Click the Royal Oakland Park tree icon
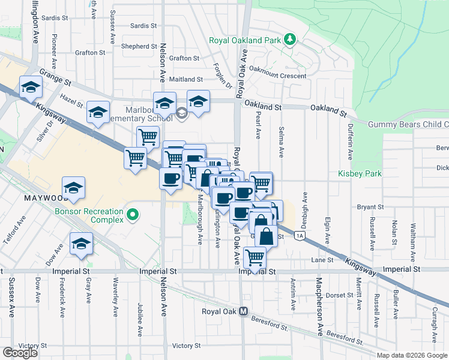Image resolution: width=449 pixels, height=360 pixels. point(290,40)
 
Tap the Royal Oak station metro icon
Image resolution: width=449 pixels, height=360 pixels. point(244,311)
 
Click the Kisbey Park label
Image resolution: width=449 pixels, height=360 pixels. point(360,173)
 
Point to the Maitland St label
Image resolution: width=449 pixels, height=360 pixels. point(186,79)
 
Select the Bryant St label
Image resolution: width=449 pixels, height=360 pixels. point(370,207)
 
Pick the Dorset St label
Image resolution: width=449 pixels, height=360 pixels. point(339,295)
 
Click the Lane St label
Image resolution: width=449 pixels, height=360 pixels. point(322,260)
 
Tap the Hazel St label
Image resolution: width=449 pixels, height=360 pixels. point(71,101)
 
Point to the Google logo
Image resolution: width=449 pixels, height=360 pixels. point(20,353)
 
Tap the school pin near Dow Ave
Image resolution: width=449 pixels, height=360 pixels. point(80,244)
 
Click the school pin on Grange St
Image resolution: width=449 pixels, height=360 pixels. point(30,88)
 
